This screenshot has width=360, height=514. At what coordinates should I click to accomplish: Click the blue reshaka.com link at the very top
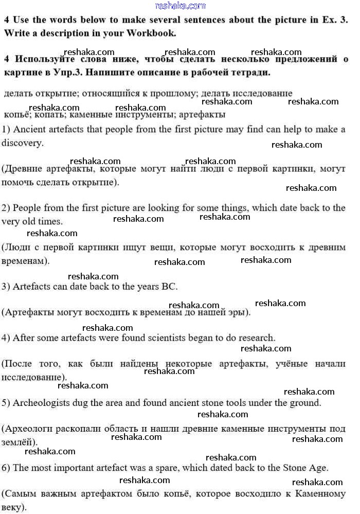pyautogui.click(x=180, y=6)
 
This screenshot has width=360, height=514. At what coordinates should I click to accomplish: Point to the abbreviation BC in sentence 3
pyautogui.click(x=170, y=286)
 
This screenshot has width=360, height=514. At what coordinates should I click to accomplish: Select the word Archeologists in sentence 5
pyautogui.click(x=39, y=403)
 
